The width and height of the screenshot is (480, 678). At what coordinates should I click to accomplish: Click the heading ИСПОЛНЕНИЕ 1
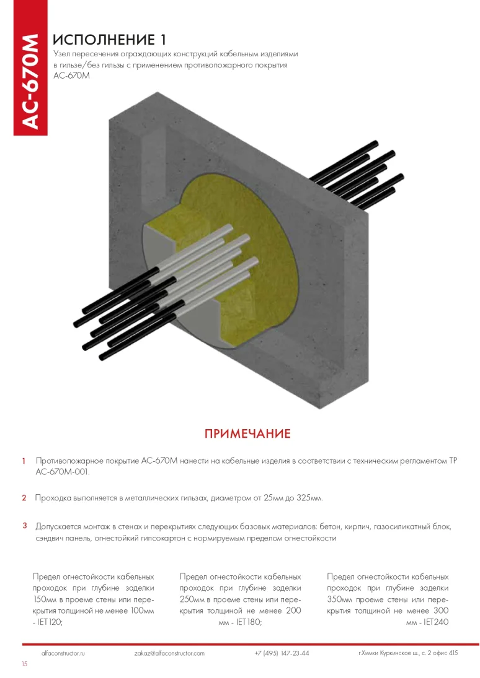click(109, 40)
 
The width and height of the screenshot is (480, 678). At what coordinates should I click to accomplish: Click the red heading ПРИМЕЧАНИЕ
click(247, 433)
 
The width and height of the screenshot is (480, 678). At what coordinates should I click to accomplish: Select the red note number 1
click(24, 461)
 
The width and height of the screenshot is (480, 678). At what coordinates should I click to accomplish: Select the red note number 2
click(24, 498)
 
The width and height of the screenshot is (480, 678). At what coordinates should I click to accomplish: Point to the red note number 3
click(25, 526)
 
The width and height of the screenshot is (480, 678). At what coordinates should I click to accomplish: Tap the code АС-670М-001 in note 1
click(63, 472)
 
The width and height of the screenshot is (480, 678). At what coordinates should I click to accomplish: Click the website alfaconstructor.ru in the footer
click(63, 653)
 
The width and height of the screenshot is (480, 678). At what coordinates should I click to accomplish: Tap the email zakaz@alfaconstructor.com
click(169, 653)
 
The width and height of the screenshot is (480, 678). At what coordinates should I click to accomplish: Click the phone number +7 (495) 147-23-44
click(282, 653)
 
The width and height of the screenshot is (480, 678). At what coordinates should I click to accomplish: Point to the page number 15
click(24, 664)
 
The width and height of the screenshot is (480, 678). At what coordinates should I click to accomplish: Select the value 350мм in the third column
click(340, 600)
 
